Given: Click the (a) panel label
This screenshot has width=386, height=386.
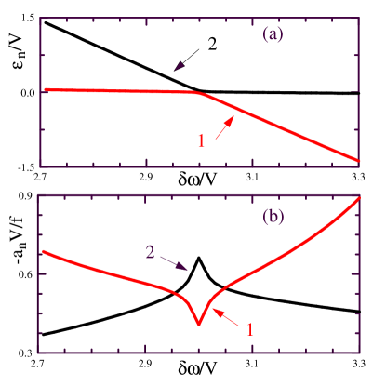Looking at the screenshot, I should click(x=273, y=34).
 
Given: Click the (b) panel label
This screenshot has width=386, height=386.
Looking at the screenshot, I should click(x=273, y=218).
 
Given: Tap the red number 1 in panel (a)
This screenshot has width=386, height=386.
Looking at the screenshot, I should click(x=201, y=141).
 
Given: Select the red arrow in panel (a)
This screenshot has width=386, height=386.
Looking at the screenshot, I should click(x=223, y=128).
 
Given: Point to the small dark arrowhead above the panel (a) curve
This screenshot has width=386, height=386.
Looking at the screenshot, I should click(x=180, y=66).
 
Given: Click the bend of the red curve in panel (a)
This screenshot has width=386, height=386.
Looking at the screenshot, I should click(x=197, y=92).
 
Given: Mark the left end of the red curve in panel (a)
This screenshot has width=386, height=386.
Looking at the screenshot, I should click(x=46, y=89).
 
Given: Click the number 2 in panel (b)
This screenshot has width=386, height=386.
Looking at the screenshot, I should click(x=149, y=252).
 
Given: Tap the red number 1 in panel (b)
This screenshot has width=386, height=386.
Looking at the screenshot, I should click(x=248, y=328).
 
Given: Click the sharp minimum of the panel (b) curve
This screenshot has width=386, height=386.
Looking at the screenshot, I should click(x=198, y=324).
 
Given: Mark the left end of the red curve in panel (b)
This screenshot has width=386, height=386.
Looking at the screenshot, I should click(x=41, y=251).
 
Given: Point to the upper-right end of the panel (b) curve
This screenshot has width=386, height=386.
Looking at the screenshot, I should click(x=359, y=201).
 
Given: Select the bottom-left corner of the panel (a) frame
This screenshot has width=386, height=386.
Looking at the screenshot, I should click(x=40, y=166).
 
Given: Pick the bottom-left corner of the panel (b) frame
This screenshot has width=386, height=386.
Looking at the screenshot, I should click(x=37, y=353).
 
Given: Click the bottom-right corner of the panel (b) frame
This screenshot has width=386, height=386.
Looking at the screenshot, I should click(x=361, y=353).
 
